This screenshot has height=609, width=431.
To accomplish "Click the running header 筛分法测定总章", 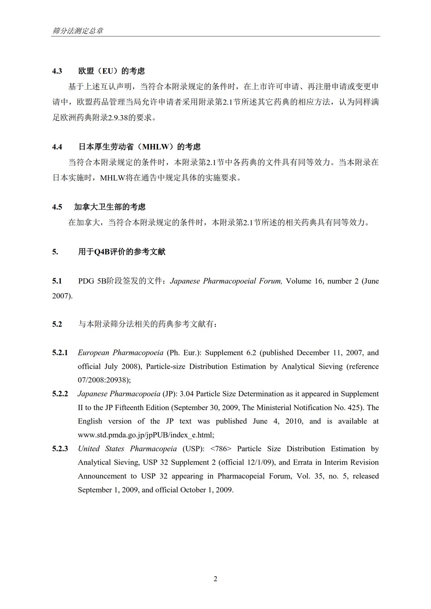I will (x=78, y=31).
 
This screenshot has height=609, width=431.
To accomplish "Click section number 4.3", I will (x=57, y=71).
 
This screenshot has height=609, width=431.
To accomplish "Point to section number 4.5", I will (x=57, y=207).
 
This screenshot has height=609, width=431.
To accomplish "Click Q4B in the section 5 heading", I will (x=101, y=252).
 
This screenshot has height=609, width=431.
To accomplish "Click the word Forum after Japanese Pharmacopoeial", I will (x=270, y=281).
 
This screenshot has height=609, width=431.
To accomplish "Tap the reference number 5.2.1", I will (x=60, y=353).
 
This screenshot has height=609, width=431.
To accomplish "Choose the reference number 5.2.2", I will (x=60, y=394).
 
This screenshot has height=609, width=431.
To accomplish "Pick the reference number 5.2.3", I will (x=60, y=449).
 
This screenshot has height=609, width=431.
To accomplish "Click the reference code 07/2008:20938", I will (x=103, y=380).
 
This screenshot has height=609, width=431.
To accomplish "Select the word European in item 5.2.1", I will (x=93, y=353).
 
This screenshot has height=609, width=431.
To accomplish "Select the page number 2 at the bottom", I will (x=215, y=579).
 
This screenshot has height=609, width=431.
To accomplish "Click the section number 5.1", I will (x=57, y=281).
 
